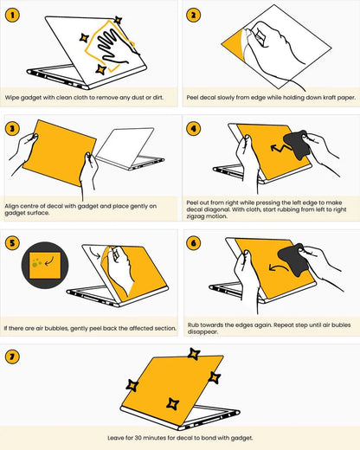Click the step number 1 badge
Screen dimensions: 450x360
click(13, 15)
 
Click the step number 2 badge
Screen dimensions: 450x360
click(193, 15)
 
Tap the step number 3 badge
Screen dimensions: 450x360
click(13, 129)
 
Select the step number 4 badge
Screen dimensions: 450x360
click(193, 129)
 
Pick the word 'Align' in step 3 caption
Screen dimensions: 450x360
click(14, 205)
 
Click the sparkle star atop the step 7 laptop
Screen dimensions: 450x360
click(196, 355)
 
